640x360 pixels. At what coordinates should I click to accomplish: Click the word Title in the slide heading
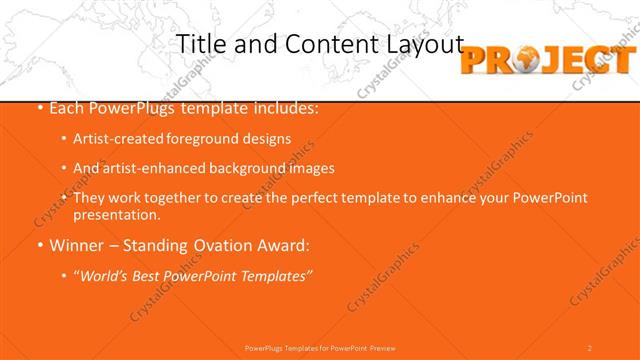[x=199, y=44]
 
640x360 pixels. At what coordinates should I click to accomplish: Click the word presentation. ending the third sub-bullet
[x=116, y=214]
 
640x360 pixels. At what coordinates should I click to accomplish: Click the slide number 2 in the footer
[x=590, y=347]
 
